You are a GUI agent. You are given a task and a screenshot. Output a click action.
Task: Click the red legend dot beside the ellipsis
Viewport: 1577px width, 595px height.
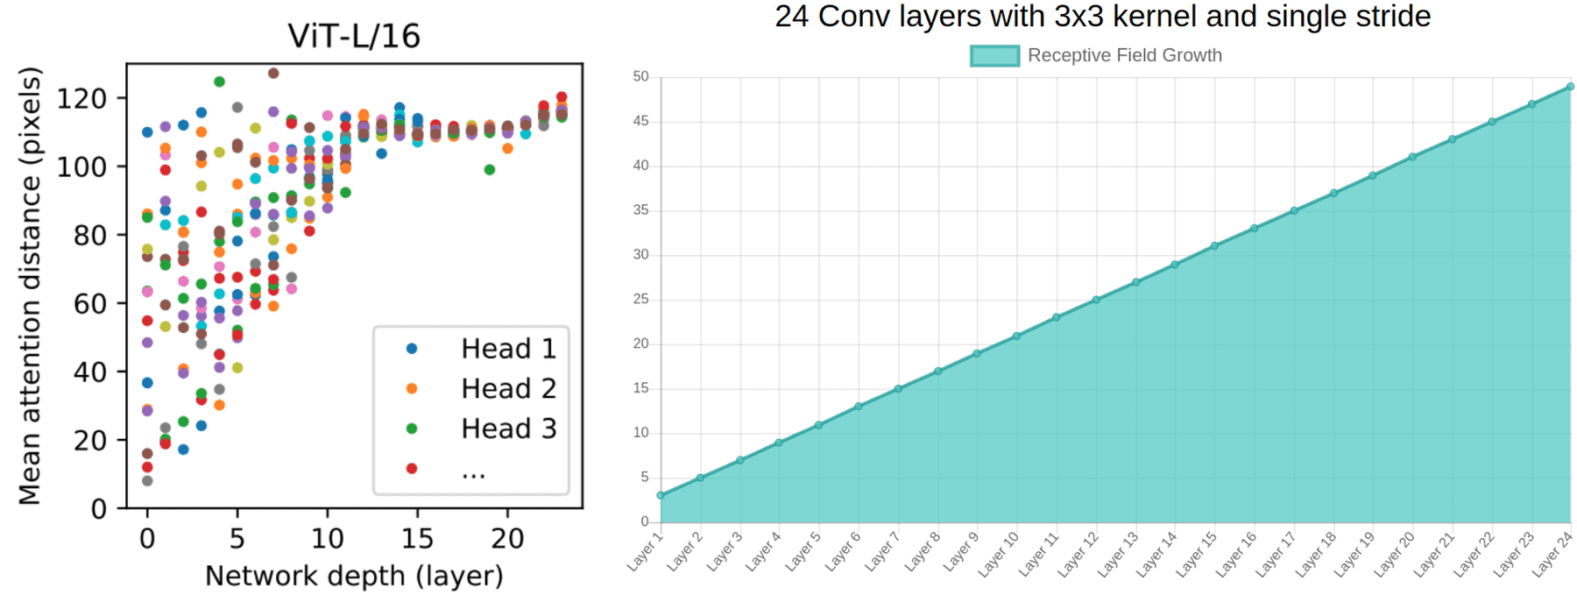(x=412, y=468)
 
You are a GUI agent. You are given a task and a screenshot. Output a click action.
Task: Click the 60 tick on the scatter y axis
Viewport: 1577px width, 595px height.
(x=90, y=304)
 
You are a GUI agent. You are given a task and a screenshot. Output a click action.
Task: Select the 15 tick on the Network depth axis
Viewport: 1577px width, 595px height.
(x=417, y=538)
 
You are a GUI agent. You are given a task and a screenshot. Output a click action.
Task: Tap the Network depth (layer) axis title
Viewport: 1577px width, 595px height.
(x=354, y=576)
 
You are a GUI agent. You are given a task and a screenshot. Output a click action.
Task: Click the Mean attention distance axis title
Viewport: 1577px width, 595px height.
(x=30, y=286)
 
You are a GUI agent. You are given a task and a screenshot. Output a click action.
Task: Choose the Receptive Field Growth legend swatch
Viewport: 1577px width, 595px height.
(x=994, y=55)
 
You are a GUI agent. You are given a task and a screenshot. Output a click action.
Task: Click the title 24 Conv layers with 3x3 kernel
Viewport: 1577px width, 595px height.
(x=1102, y=17)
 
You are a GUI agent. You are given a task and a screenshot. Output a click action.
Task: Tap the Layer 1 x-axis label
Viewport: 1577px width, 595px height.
(x=646, y=551)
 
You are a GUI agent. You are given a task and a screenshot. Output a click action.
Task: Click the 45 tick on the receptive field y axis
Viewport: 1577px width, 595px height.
(x=641, y=121)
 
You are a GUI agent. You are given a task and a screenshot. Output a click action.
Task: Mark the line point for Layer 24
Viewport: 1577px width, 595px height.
(x=1570, y=87)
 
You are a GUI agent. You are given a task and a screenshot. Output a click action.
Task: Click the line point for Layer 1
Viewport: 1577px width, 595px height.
(x=661, y=495)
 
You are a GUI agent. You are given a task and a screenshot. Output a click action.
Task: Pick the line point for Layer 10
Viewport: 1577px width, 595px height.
(x=1016, y=336)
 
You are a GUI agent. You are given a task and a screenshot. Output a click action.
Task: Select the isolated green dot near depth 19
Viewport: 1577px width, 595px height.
(x=490, y=170)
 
